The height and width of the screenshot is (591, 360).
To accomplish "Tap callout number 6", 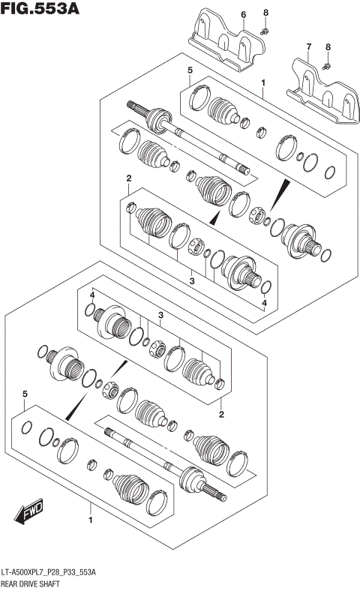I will point(222,14).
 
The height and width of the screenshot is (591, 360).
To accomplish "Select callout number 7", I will point(307,47).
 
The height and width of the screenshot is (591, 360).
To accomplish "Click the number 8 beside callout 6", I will point(265,13).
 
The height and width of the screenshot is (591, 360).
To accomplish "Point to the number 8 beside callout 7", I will point(327,47).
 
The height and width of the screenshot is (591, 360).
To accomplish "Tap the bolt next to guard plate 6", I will point(265,31).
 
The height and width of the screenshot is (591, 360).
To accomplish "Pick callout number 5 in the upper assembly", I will point(190,70).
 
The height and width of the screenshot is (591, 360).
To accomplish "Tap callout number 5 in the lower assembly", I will point(25,394).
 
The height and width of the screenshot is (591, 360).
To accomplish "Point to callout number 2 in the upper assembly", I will point(129,178).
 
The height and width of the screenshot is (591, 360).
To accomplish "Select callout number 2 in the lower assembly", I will point(221,413).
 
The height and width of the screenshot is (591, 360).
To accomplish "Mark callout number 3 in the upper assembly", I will point(191,280).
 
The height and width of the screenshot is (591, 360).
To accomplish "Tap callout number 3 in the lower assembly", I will point(160,315).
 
